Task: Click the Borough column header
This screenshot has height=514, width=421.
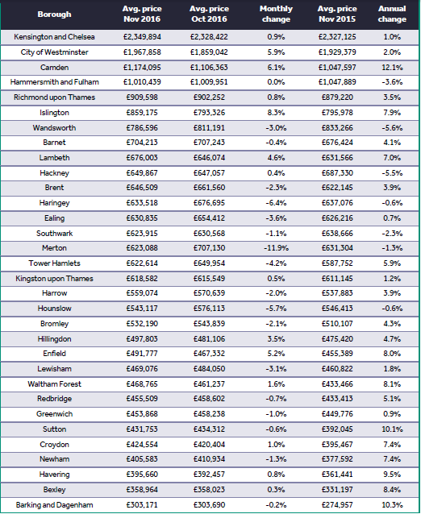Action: pos(54,14)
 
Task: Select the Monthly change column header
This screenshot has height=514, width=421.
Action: pos(276,14)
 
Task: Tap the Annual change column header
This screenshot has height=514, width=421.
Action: pos(392,14)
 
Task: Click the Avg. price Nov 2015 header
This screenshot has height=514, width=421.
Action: pos(337,14)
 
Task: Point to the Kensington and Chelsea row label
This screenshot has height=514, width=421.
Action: pos(54,37)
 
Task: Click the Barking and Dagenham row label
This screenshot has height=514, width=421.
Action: pos(54,505)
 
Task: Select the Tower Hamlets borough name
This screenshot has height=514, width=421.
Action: pos(54,263)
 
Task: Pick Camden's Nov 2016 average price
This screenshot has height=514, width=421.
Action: pos(142,68)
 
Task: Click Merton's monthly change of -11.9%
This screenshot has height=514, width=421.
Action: pos(276,248)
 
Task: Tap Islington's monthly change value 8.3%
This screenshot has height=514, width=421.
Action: pos(276,113)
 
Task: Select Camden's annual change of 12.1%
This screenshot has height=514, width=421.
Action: pos(392,68)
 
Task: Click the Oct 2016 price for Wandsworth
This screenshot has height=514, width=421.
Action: pos(209,128)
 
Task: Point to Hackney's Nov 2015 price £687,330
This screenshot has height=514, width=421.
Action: pos(337,173)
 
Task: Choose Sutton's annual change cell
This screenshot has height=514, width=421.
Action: pos(392,429)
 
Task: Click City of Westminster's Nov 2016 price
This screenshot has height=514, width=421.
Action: pos(142,52)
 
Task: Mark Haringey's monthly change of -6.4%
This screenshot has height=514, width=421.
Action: pos(276,203)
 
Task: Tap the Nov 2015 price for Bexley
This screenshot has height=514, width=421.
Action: pos(337,490)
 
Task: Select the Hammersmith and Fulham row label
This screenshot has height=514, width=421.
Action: pos(54,82)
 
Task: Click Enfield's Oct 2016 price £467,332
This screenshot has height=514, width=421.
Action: pos(209,354)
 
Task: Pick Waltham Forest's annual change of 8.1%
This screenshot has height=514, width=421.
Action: pos(392,384)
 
